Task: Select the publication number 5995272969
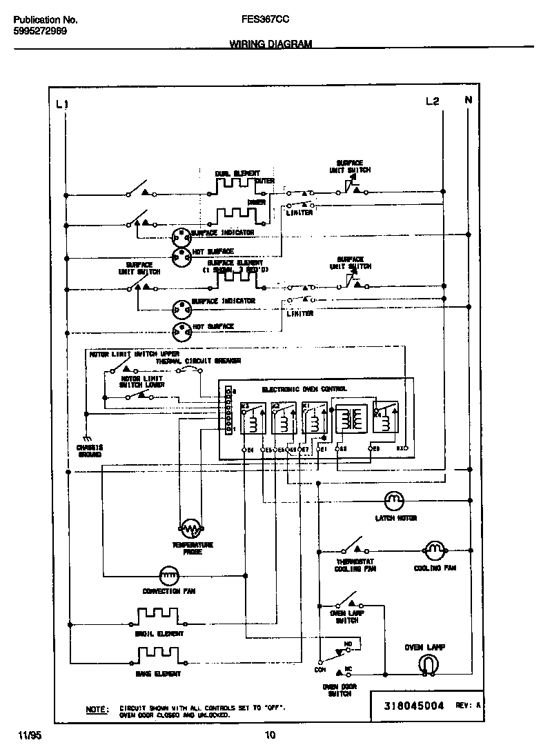(x=40, y=32)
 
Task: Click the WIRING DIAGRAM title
(x=270, y=43)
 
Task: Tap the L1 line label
(x=62, y=103)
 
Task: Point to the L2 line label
(x=432, y=101)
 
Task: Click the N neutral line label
(x=469, y=101)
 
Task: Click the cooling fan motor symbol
(x=434, y=550)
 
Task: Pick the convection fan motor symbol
(x=170, y=574)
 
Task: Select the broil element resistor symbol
(x=158, y=615)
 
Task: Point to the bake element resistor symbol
(x=158, y=654)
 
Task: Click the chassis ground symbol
(x=87, y=439)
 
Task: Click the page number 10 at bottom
(x=270, y=735)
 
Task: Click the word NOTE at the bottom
(x=97, y=709)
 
